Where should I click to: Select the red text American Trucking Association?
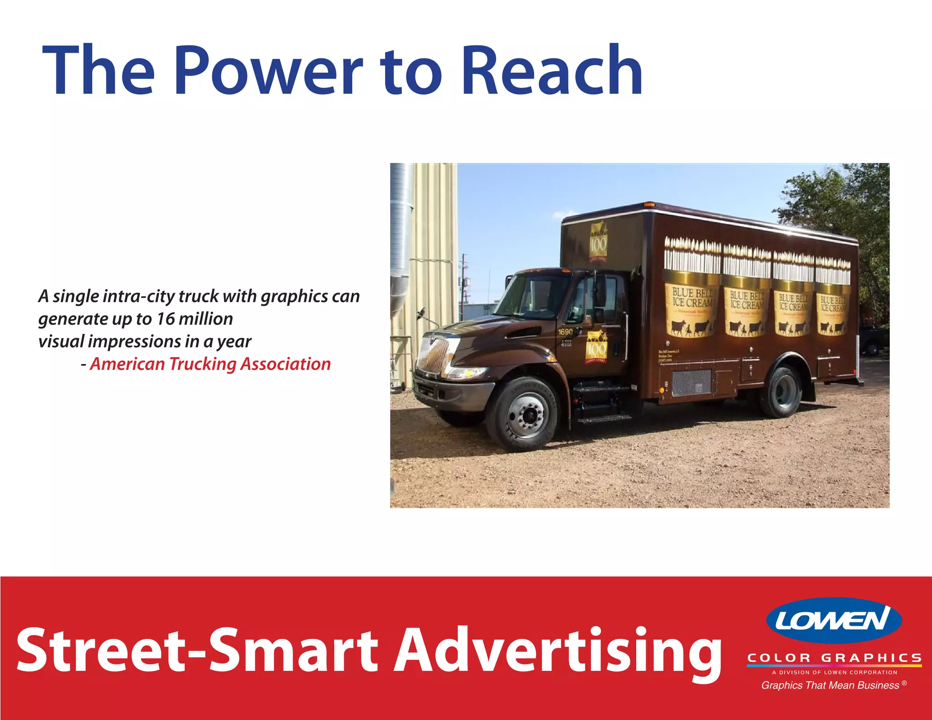(x=210, y=364)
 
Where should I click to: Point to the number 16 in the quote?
(x=166, y=319)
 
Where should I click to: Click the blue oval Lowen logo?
(x=834, y=620)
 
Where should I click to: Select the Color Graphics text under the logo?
(x=835, y=658)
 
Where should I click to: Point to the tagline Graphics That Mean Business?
(x=831, y=685)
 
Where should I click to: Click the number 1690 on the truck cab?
(x=565, y=332)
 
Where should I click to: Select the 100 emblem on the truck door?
(x=596, y=347)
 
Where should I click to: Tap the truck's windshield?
(x=532, y=296)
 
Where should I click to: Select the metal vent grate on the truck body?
(x=691, y=382)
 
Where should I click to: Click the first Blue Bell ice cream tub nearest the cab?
(x=692, y=305)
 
